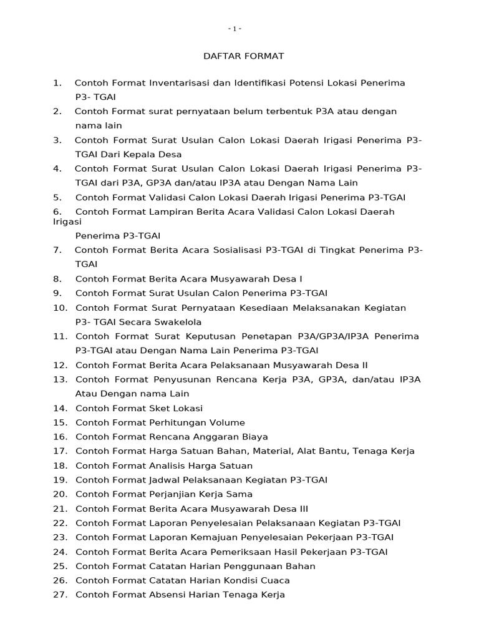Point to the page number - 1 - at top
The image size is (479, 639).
[235, 29]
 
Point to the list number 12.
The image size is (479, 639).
[60, 365]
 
